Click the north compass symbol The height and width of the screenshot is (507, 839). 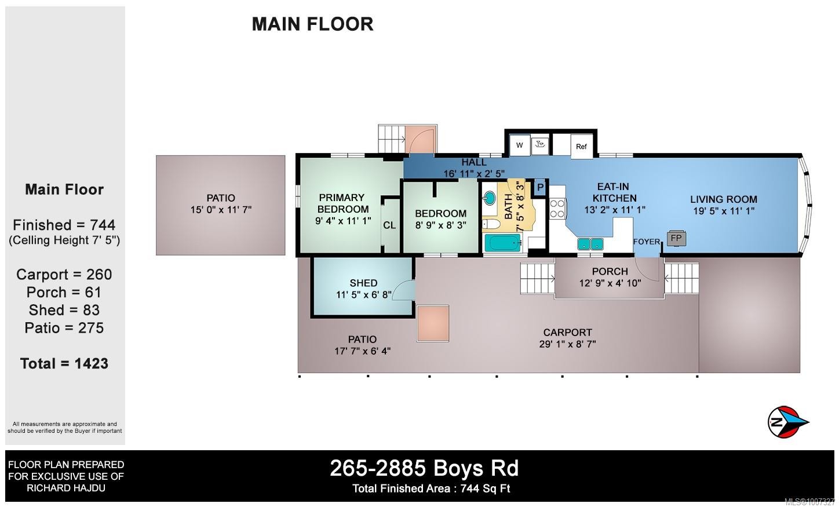[x=786, y=421]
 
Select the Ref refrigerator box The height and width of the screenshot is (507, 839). [x=581, y=146]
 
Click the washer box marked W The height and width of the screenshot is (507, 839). [x=520, y=145]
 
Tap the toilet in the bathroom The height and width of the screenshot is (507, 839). [x=491, y=224]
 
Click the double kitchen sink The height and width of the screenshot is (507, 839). [x=590, y=244]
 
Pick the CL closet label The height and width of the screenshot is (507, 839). [x=389, y=225]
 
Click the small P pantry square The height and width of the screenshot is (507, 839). [x=540, y=187]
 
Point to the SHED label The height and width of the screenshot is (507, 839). [x=363, y=283]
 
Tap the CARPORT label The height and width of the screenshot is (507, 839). [x=567, y=332]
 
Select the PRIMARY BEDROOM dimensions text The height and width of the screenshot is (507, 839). [x=343, y=220]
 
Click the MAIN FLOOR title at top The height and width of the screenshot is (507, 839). [x=312, y=24]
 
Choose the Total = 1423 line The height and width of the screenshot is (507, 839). [x=64, y=363]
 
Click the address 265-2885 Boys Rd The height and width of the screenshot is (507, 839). [x=424, y=468]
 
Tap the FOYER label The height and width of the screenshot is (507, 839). [x=646, y=242]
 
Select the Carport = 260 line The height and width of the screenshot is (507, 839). [x=64, y=275]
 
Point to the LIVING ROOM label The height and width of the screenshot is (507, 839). [x=723, y=199]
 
